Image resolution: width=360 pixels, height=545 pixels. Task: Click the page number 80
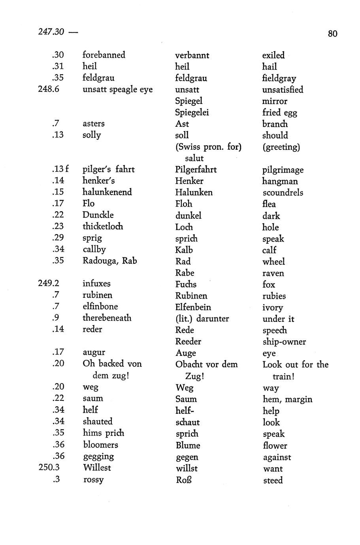[332, 34]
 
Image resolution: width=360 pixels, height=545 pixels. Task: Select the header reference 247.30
[51, 32]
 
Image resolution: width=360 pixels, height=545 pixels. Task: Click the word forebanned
[104, 55]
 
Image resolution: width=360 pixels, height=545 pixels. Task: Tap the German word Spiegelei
[192, 113]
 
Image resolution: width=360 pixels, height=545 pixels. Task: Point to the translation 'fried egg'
[279, 113]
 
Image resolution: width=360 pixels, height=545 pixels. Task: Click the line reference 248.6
[49, 89]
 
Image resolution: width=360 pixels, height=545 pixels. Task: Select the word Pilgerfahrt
[196, 170]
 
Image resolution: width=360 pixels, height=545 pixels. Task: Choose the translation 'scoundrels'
[283, 193]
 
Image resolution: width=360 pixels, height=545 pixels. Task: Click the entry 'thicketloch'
[103, 226]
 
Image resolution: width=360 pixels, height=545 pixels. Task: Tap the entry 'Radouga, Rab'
[109, 261]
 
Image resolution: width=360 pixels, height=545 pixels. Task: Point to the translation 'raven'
[273, 273]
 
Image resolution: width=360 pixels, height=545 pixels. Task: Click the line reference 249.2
[49, 284]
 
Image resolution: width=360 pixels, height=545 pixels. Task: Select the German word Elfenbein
[193, 307]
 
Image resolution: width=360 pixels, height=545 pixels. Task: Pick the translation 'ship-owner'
[284, 342]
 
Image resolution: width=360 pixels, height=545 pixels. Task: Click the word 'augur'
[94, 352]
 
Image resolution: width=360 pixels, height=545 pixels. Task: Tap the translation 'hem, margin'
[287, 399]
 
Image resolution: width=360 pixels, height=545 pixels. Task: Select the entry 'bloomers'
[100, 445]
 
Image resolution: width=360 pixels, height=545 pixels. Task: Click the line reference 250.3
[49, 468]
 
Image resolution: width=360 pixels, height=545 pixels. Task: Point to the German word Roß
[184, 480]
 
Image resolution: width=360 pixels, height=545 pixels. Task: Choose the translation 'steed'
[273, 481]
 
